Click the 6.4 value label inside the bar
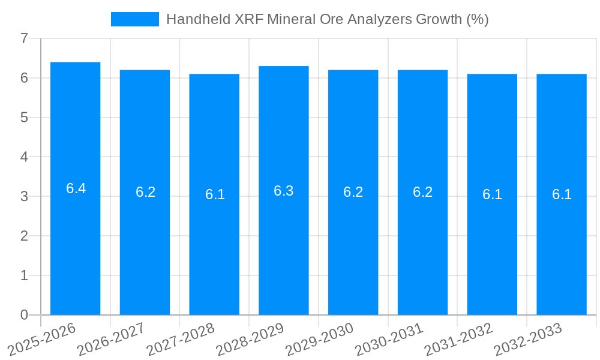(76, 188)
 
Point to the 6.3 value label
(284, 191)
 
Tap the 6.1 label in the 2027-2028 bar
(215, 194)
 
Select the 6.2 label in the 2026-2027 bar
(145, 192)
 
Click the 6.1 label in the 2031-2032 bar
(492, 194)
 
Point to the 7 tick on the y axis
(24, 38)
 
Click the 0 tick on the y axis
(24, 315)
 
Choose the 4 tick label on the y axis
(24, 157)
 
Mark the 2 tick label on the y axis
(24, 236)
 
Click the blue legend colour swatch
(135, 19)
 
